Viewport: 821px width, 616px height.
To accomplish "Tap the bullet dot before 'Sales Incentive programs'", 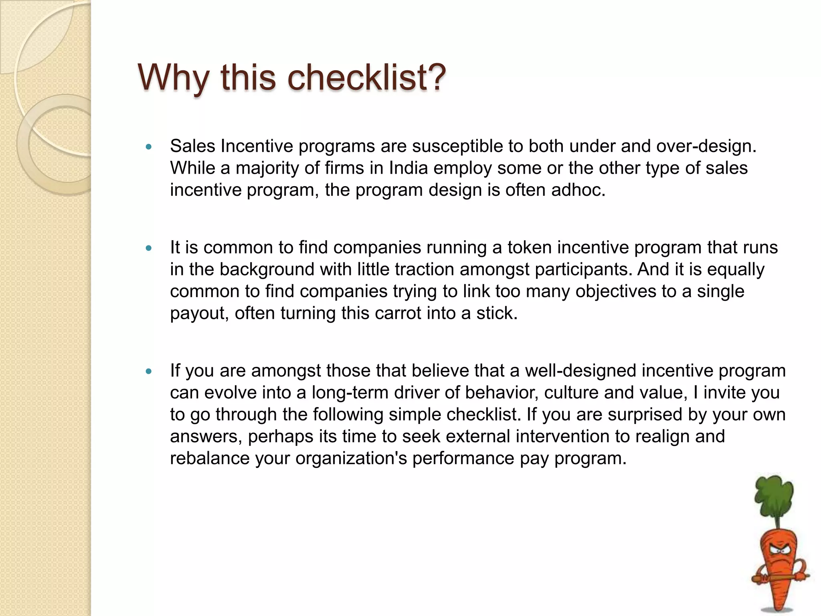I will [x=149, y=147].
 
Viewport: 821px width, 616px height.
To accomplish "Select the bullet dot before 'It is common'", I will [x=149, y=249].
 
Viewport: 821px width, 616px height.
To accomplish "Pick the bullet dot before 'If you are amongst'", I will [x=149, y=372].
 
